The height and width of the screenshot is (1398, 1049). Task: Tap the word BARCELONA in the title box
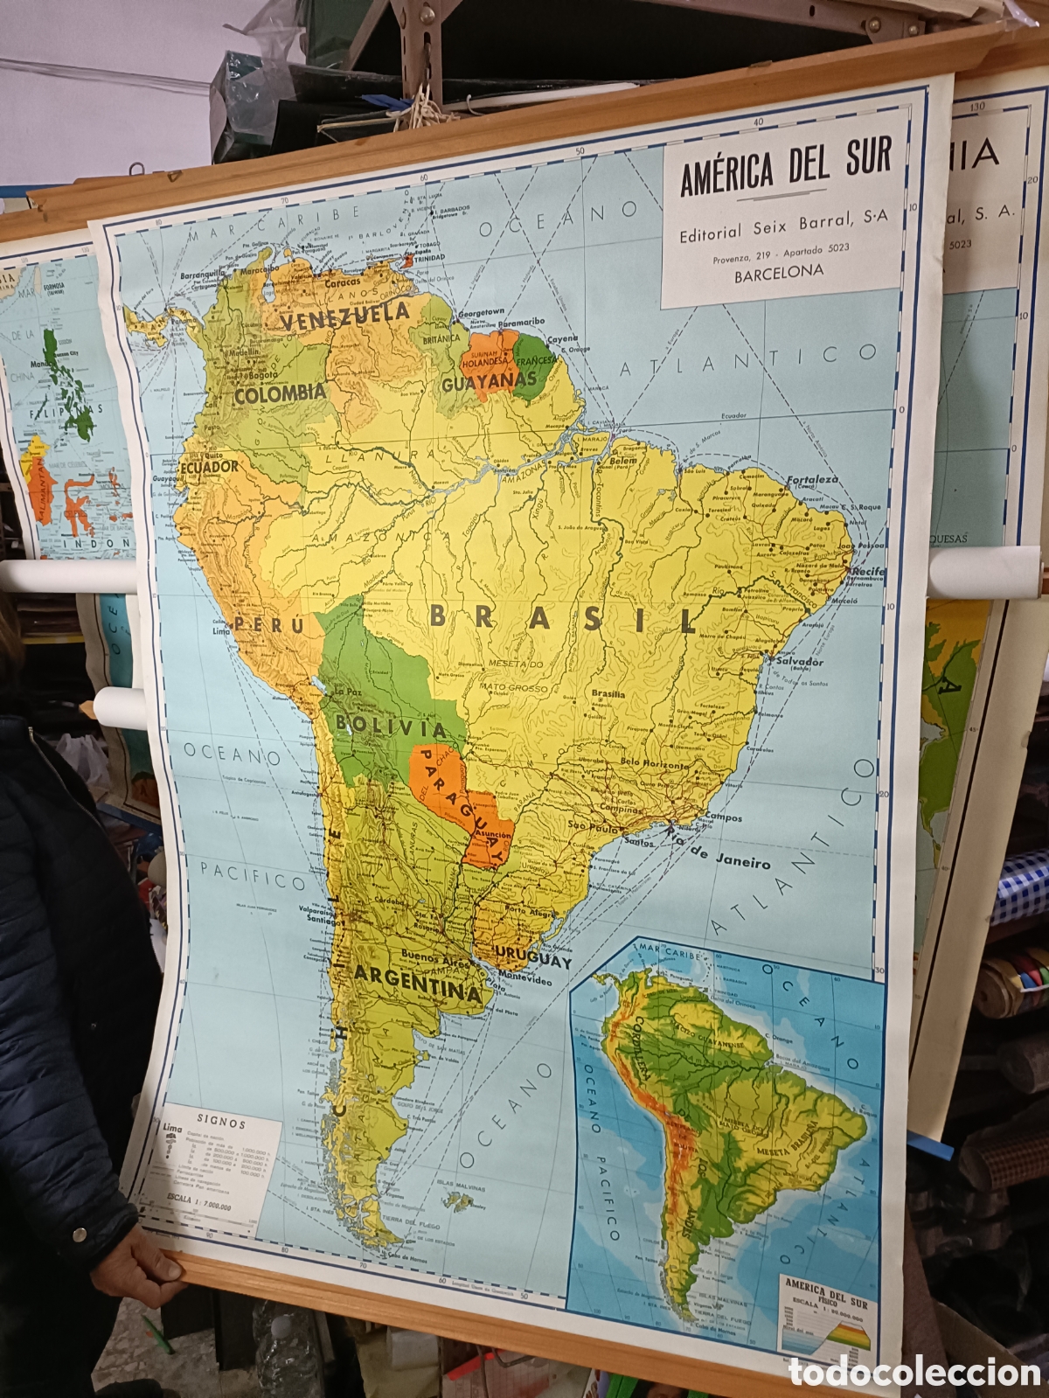[x=779, y=271]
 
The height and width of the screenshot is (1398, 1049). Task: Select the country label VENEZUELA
[x=346, y=316]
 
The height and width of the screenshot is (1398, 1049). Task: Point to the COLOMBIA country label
[x=280, y=393]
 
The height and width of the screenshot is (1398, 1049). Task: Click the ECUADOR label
[x=210, y=467]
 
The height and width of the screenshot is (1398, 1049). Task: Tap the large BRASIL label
[x=563, y=618]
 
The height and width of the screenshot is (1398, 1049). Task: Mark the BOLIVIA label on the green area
[x=391, y=726]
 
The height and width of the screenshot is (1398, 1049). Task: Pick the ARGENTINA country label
[x=418, y=981]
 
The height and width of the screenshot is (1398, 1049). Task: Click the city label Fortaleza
[x=812, y=479]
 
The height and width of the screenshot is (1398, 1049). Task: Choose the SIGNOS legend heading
[x=221, y=1123]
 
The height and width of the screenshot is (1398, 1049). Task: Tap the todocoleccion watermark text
[x=914, y=1372]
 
